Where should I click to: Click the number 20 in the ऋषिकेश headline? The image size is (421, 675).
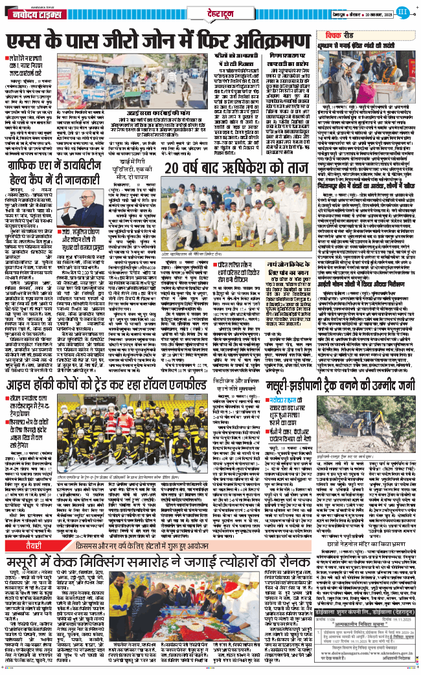(176, 150)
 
